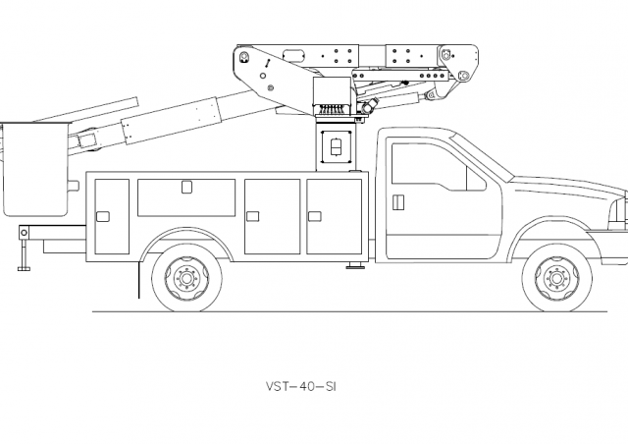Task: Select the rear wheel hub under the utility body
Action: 187,278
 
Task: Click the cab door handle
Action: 397,202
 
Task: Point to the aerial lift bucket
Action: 35,168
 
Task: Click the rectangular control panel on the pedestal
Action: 337,146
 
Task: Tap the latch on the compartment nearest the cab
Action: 315,216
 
